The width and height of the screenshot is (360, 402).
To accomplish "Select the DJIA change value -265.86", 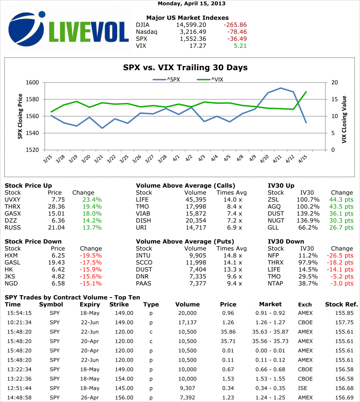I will (x=235, y=25).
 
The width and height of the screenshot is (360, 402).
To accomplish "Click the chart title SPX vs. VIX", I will (x=185, y=68).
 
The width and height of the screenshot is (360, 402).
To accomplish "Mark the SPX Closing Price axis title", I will (x=20, y=116).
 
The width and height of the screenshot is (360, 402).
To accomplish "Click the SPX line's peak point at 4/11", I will (x=281, y=88).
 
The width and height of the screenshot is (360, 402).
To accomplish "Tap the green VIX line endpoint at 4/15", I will (x=306, y=92).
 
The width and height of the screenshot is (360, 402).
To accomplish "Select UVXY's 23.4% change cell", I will (x=92, y=199).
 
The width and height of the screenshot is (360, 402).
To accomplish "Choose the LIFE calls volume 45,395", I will (x=196, y=199).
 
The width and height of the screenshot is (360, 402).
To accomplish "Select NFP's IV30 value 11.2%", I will (x=307, y=255).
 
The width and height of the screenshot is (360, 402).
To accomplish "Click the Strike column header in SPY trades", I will (x=119, y=304).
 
